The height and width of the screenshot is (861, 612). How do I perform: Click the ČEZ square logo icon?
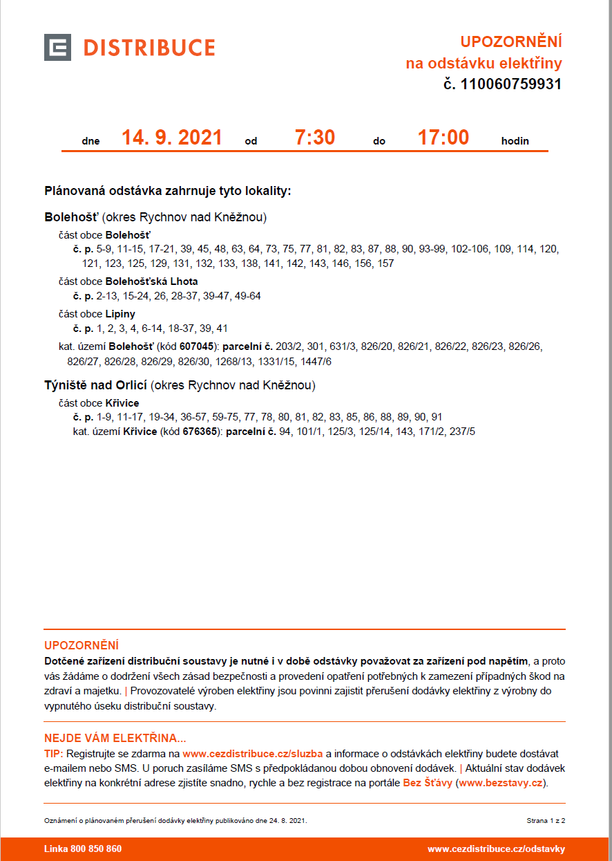coord(57,47)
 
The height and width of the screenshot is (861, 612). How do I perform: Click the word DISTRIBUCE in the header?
coord(149,48)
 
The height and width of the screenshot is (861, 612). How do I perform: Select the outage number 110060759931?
coord(510,84)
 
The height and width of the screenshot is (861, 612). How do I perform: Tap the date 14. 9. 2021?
coord(172,138)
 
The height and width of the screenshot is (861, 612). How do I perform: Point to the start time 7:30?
coord(314,138)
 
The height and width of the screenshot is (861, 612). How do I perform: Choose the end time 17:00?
coord(443,138)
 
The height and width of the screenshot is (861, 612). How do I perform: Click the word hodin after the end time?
coord(515,141)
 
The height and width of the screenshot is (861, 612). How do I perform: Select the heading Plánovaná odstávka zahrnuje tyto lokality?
coord(168,191)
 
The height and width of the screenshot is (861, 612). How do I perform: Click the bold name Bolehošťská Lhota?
coord(151,281)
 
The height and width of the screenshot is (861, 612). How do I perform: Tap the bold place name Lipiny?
coord(120,314)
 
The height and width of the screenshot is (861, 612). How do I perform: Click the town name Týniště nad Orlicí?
coord(96,385)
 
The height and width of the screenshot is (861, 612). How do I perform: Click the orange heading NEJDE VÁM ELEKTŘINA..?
coord(115,738)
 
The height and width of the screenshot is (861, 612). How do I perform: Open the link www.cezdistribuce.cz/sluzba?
coord(252,753)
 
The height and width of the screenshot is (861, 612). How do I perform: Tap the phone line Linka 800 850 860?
coord(83,849)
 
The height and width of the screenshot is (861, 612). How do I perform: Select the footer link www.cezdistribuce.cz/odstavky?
coord(496,849)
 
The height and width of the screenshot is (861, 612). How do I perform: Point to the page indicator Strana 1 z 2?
coord(546,820)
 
